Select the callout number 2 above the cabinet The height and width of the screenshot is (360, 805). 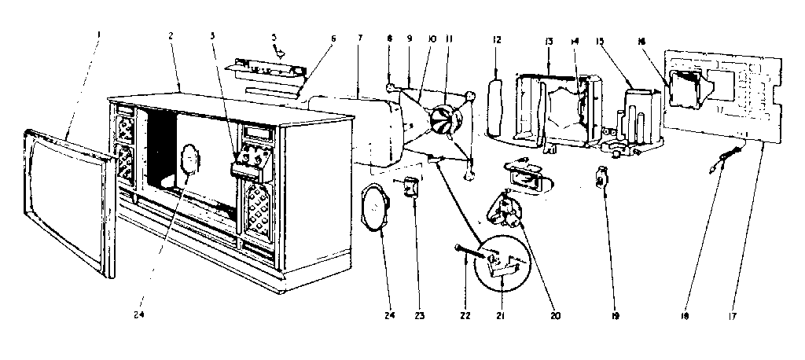pos(171,36)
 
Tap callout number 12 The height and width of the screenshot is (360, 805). pos(497,39)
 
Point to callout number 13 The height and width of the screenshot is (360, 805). pos(548,40)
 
